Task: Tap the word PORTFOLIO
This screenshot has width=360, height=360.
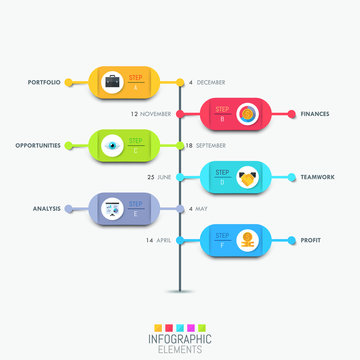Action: click(46, 82)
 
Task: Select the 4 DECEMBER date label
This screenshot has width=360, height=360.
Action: click(208, 82)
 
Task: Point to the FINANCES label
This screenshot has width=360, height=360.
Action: click(314, 114)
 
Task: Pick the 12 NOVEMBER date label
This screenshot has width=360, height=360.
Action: click(151, 114)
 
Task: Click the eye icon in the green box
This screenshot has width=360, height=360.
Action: click(112, 146)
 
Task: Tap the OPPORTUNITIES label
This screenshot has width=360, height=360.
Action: click(38, 146)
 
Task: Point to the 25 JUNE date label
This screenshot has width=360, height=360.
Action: click(158, 177)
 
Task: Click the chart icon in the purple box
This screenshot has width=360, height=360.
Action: click(112, 209)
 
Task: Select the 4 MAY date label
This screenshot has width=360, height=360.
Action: click(197, 209)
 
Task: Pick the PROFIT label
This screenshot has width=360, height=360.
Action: click(310, 241)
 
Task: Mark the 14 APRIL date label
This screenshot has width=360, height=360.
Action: click(157, 241)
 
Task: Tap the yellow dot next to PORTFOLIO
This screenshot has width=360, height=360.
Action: click(69, 82)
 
